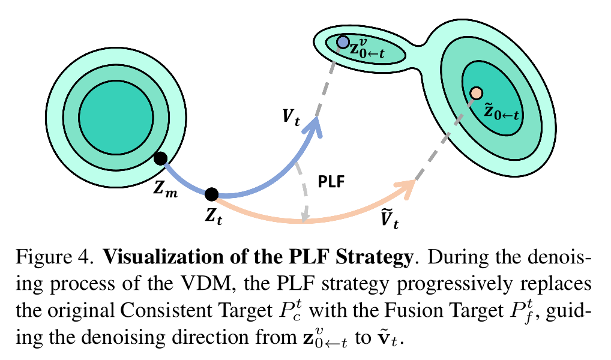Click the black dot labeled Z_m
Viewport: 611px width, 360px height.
coord(160,158)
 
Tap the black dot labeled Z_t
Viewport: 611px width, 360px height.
coord(211,194)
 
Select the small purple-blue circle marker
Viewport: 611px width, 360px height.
coord(343,42)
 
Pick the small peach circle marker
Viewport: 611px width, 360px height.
coord(476,93)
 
